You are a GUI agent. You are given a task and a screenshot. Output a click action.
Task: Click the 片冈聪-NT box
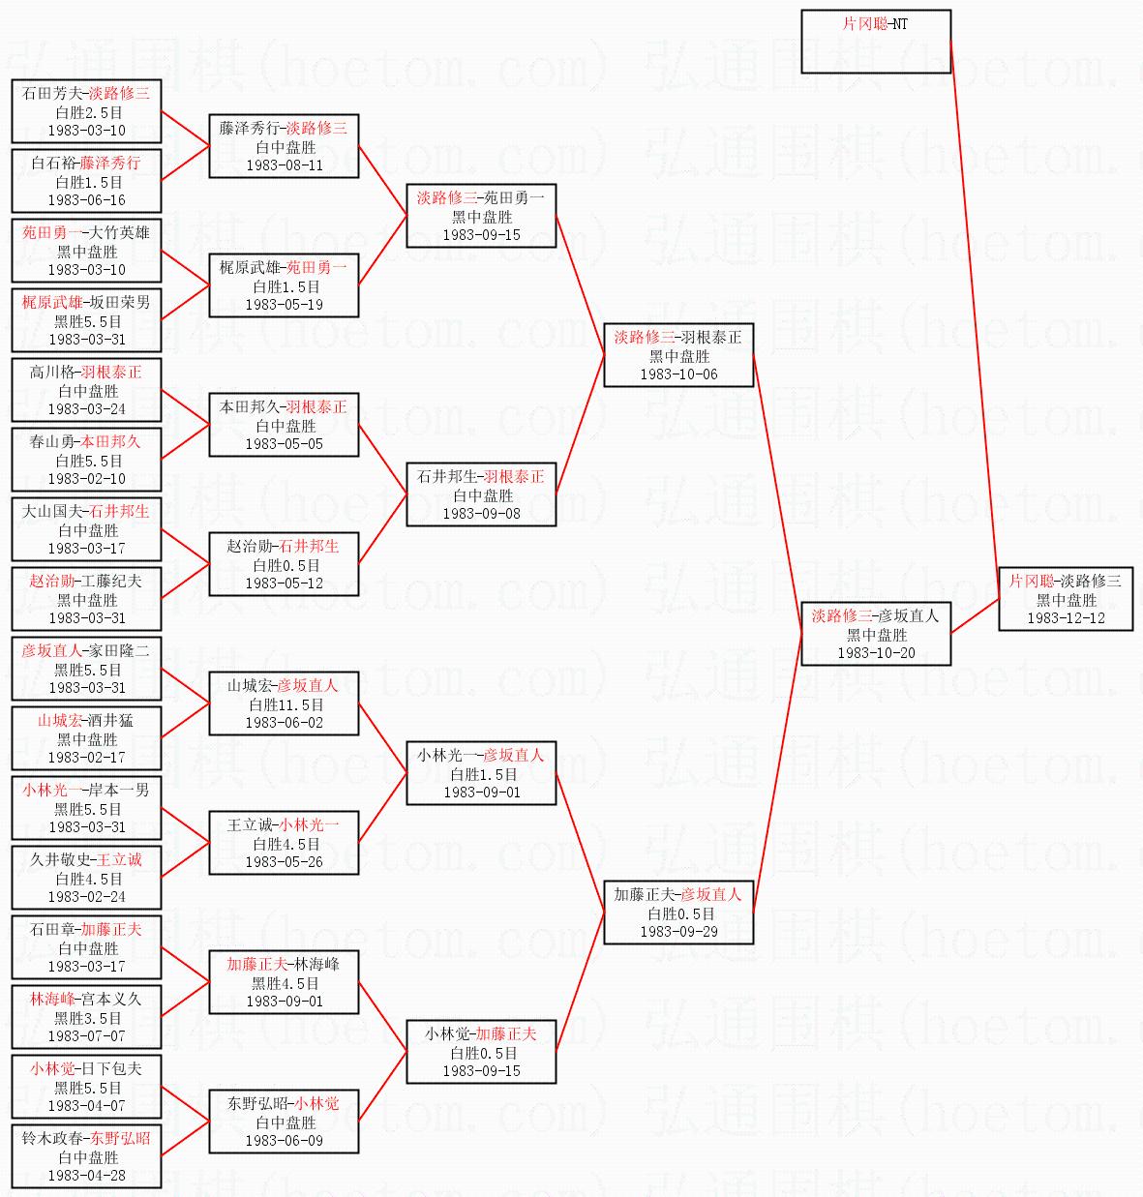click(876, 42)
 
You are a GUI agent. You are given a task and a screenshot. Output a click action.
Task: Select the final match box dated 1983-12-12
click(1066, 598)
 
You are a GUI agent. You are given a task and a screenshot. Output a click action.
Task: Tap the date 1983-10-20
click(876, 652)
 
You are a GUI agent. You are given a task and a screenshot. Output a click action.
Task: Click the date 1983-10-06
click(678, 374)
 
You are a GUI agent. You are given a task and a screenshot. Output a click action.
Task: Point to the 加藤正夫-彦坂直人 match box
click(678, 913)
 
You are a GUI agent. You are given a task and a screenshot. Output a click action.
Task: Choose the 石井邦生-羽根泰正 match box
click(481, 494)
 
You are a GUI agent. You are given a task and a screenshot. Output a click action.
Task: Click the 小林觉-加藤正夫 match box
click(481, 1052)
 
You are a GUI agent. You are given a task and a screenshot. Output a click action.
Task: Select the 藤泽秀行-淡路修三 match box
click(284, 146)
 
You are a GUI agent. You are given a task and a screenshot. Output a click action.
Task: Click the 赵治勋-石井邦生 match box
click(284, 564)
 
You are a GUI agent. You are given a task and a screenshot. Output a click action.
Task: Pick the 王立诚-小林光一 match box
click(284, 843)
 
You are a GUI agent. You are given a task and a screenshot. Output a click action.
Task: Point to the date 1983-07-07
click(87, 1035)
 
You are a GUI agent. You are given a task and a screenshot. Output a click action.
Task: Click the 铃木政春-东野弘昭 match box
click(86, 1156)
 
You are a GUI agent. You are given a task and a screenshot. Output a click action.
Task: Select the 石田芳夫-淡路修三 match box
click(86, 110)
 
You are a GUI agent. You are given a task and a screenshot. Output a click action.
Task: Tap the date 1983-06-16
click(87, 200)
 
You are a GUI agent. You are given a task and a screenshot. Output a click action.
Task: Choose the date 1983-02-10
click(87, 479)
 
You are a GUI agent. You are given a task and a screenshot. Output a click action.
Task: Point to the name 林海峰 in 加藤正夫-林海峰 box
click(316, 964)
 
